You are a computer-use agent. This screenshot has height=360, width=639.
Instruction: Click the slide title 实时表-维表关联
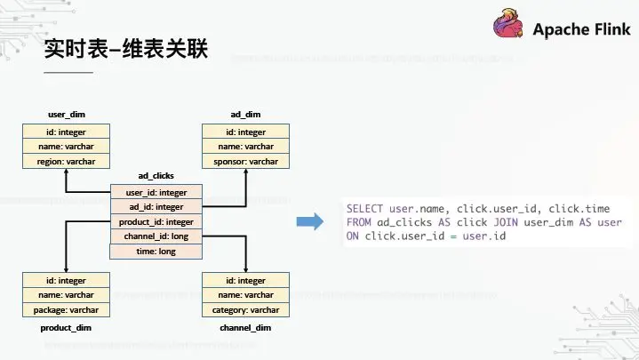126,49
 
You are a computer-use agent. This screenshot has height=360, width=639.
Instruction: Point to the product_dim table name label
66,327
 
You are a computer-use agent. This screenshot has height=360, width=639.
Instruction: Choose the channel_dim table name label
245,327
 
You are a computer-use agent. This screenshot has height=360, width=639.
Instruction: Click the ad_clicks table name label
156,176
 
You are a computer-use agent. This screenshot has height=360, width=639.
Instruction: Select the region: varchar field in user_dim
67,161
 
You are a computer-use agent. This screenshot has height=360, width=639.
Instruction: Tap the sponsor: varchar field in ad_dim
245,161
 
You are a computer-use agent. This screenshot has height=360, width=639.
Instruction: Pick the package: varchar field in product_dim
67,309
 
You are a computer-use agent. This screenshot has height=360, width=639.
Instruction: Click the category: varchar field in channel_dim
245,309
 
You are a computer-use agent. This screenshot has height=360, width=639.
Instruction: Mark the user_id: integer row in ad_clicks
156,192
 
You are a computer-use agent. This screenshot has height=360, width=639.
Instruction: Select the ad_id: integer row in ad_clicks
156,207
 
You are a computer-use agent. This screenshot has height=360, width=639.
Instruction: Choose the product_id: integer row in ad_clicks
156,221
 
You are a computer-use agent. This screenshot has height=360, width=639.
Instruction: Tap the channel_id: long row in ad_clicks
156,236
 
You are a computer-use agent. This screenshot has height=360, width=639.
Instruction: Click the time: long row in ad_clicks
156,252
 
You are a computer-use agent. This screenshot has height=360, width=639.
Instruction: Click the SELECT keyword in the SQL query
365,208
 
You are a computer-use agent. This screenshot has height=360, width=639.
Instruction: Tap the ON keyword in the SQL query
353,236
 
